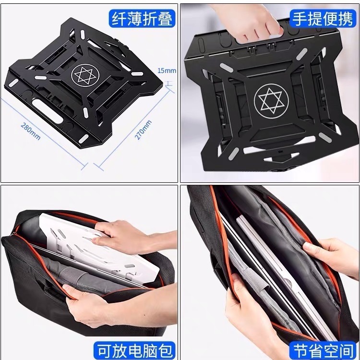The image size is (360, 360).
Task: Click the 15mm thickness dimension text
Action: [x=167, y=71]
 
